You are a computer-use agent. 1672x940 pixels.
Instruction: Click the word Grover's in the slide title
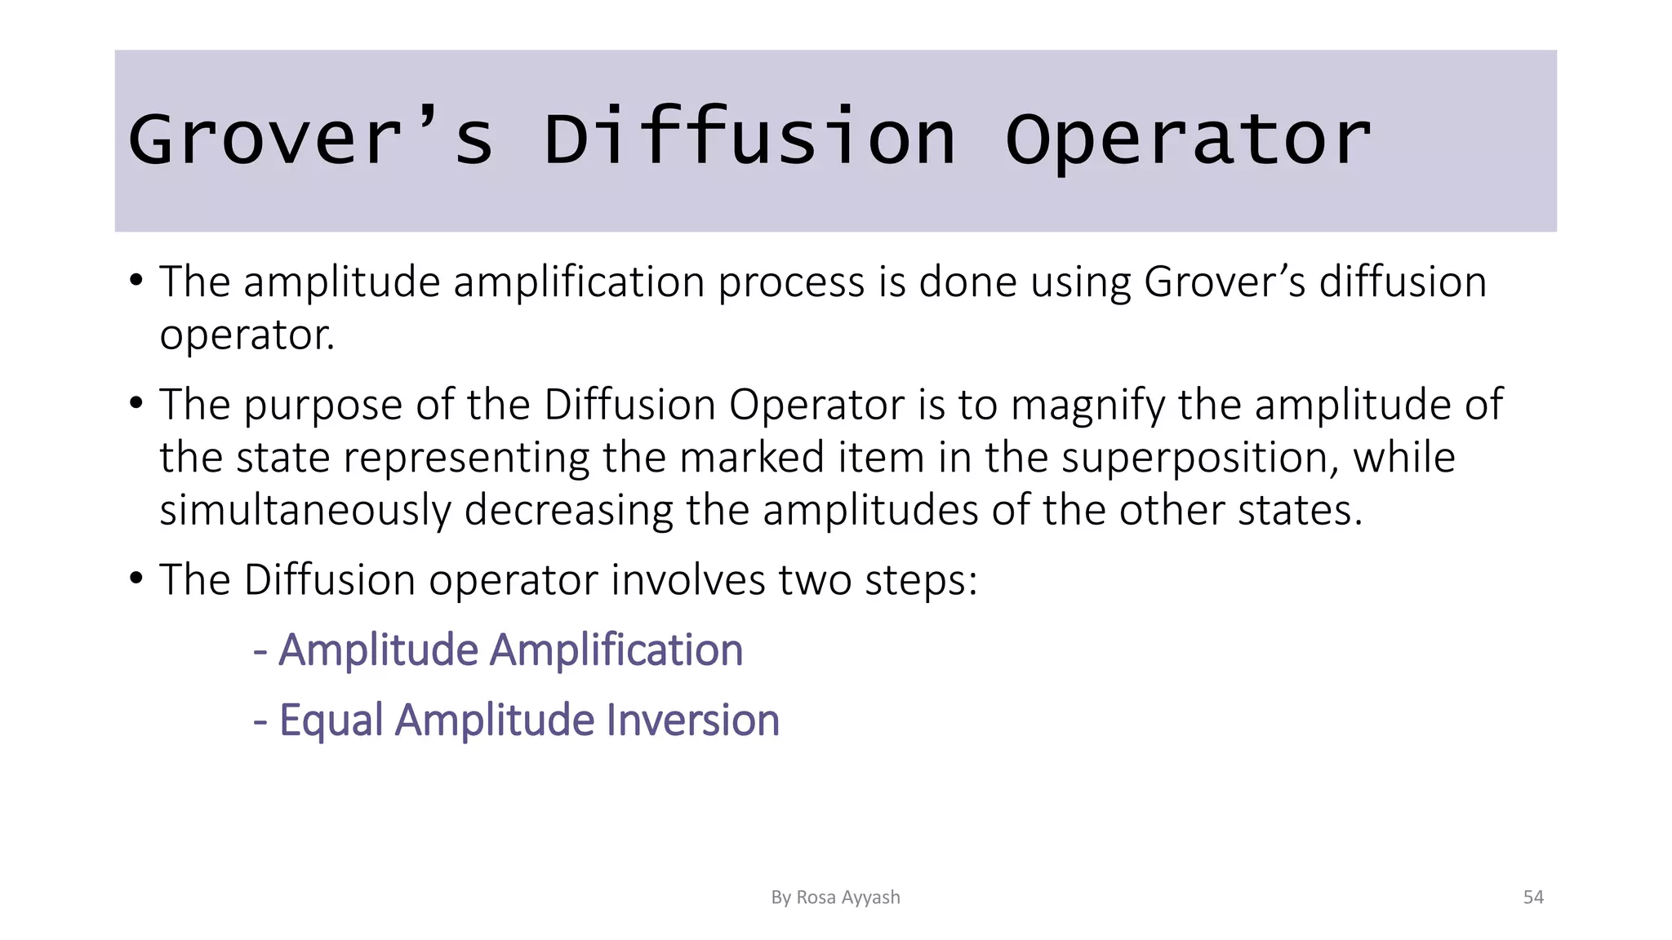pyautogui.click(x=310, y=139)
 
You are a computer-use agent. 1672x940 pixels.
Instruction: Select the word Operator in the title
pyautogui.click(x=1188, y=139)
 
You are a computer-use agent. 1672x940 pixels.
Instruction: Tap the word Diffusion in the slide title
pyautogui.click(x=749, y=139)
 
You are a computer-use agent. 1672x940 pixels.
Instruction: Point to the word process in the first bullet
pyautogui.click(x=791, y=283)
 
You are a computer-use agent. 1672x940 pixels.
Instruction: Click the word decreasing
pyautogui.click(x=569, y=512)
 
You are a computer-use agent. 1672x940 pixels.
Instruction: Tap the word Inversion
pyautogui.click(x=693, y=721)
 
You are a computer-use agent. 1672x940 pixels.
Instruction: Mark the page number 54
pyautogui.click(x=1533, y=898)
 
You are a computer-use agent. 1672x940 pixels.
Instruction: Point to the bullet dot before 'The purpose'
pyautogui.click(x=136, y=402)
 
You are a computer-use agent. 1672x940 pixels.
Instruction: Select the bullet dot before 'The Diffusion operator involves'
pyautogui.click(x=136, y=578)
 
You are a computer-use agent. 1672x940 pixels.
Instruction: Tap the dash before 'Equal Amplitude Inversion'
pyautogui.click(x=260, y=722)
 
